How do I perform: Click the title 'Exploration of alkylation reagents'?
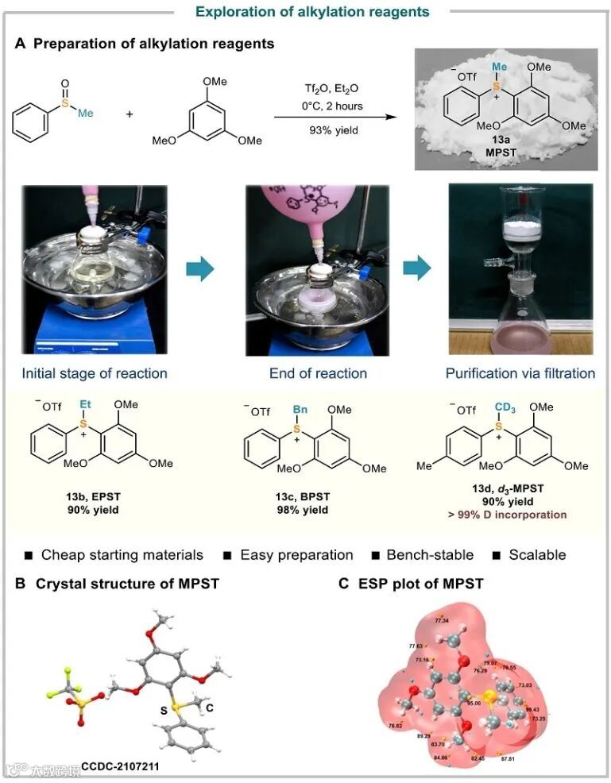click(305, 11)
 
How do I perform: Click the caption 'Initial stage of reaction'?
click(94, 372)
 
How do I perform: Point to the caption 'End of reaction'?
click(318, 372)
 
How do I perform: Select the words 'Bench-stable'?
click(428, 554)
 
